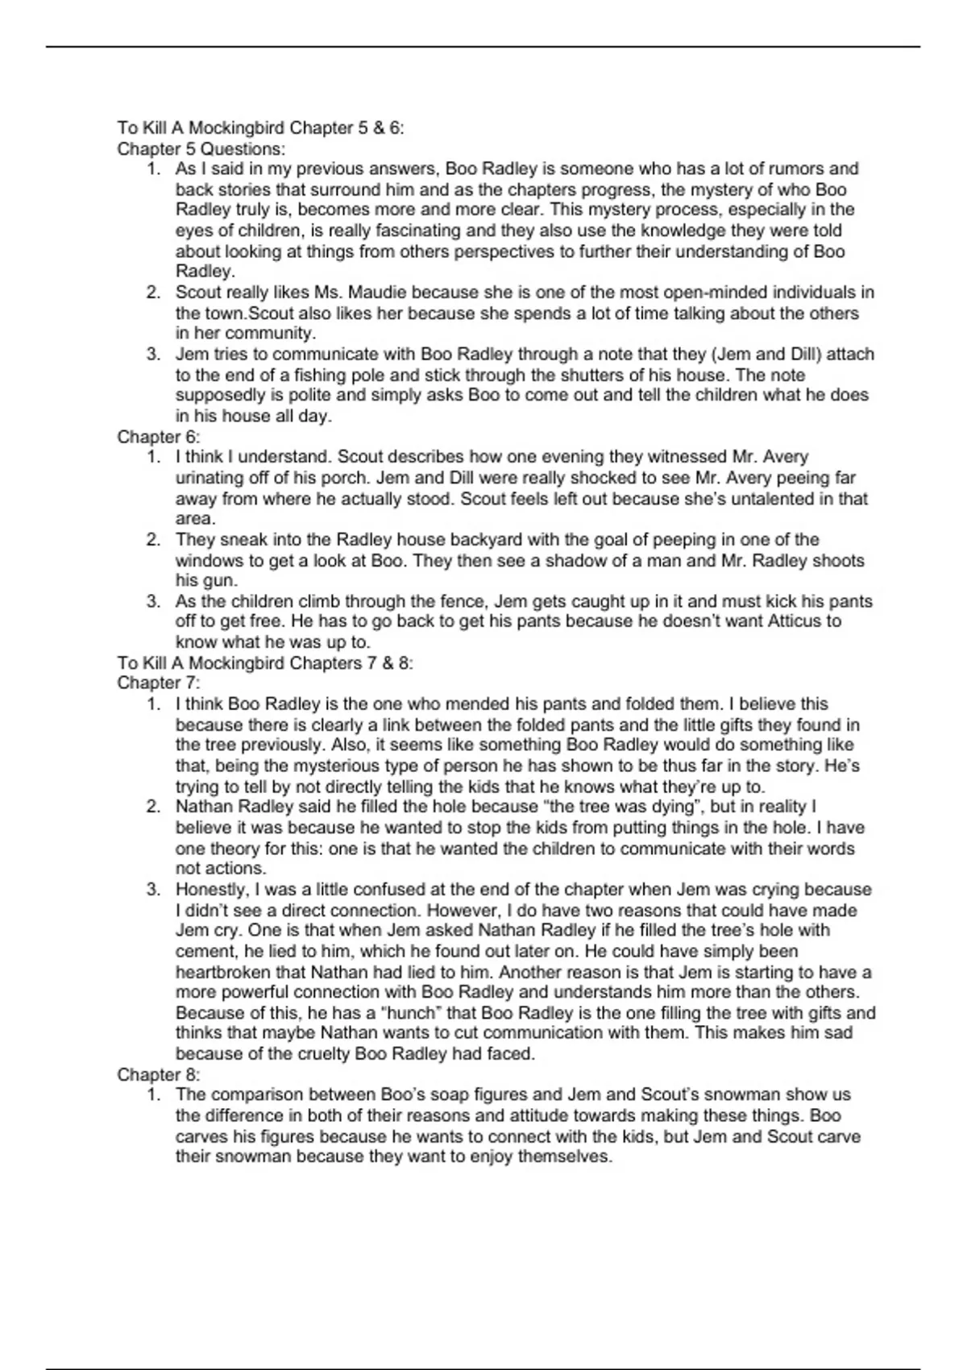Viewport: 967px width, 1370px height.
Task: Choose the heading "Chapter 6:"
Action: (159, 437)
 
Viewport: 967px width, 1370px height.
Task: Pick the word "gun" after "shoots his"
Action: (219, 581)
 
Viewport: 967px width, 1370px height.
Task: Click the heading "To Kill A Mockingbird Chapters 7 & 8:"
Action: (265, 663)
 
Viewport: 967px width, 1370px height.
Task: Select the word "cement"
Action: (206, 952)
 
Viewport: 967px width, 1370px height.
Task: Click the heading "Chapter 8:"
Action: (159, 1075)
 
